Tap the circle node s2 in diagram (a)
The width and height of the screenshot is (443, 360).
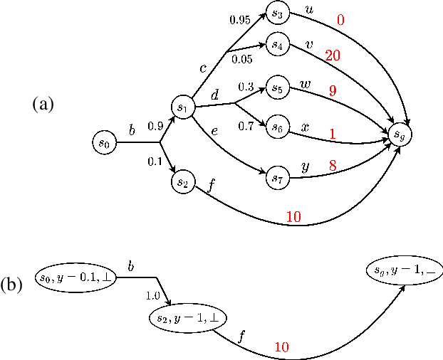pos(182,182)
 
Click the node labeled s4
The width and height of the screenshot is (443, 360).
pos(276,45)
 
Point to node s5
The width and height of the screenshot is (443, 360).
pos(276,90)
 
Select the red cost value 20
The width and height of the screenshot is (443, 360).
pos(332,55)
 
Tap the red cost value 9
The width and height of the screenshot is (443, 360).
pos(332,91)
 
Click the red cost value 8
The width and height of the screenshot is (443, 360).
pos(332,165)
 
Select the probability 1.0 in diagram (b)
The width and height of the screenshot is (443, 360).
pos(152,295)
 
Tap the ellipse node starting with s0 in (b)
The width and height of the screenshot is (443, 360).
pos(75,275)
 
